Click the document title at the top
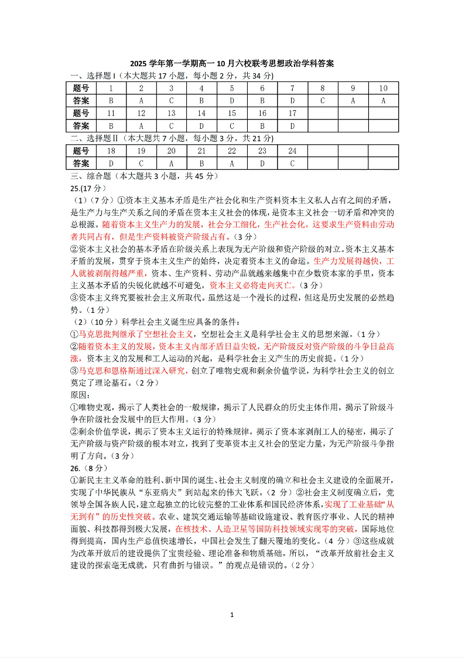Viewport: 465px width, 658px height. [x=232, y=64]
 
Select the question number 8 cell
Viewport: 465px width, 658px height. [x=322, y=88]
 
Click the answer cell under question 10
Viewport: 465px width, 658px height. [x=383, y=101]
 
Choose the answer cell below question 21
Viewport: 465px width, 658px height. [x=201, y=163]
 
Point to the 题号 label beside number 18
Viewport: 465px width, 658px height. [x=81, y=151]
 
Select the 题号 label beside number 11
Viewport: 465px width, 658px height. [x=81, y=113]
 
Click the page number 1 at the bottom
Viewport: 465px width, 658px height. [x=232, y=615]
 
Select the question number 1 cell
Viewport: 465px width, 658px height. [x=111, y=88]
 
